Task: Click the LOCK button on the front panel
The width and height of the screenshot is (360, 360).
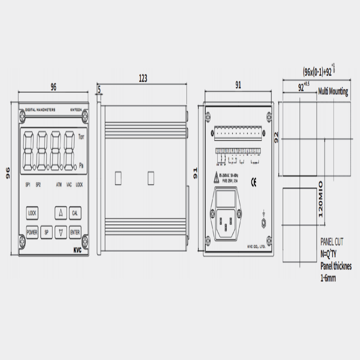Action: click(x=32, y=213)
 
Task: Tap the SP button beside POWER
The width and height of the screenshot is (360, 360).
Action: click(x=46, y=233)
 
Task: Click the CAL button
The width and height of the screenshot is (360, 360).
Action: click(x=75, y=213)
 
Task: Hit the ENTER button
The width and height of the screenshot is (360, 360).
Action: click(x=75, y=233)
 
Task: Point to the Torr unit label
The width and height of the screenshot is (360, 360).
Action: click(x=81, y=137)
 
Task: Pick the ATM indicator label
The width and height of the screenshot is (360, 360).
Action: click(x=59, y=185)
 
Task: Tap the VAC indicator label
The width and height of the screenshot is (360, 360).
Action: click(x=69, y=185)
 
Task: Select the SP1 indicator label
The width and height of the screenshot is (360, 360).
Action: click(x=28, y=185)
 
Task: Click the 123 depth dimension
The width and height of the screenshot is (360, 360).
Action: click(x=143, y=78)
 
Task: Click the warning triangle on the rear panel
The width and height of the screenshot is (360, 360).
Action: click(x=216, y=177)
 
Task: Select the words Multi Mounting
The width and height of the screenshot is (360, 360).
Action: click(x=333, y=91)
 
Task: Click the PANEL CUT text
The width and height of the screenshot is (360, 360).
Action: click(x=332, y=242)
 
